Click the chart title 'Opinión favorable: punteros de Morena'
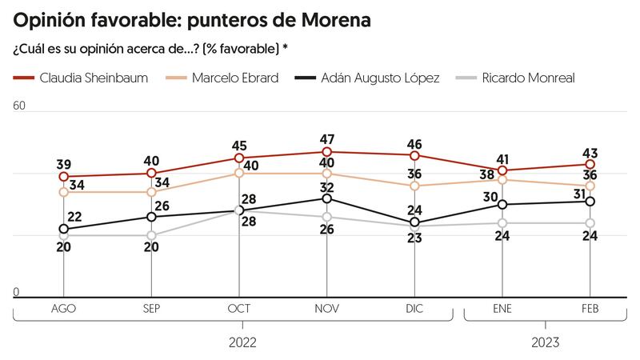point(192,20)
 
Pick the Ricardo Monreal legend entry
point(527,78)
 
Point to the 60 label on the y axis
point(20,105)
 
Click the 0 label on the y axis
point(16,292)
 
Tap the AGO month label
point(63,308)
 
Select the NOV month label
point(326,308)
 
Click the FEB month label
point(590,308)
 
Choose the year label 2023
point(546,342)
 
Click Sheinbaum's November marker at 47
point(326,152)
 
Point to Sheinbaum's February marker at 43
point(590,164)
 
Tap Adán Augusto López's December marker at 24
point(414,223)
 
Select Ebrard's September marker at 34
point(151,192)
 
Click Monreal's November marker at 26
point(326,217)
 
